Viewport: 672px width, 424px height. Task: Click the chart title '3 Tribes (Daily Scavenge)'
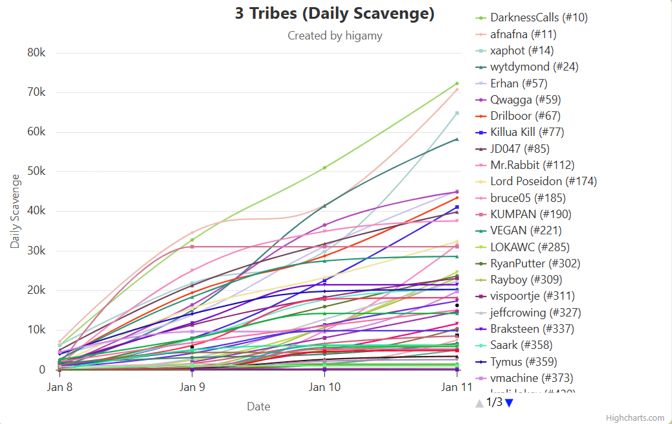point(335,14)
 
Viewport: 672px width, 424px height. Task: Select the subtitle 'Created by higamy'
point(335,36)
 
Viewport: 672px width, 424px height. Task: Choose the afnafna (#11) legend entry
point(523,34)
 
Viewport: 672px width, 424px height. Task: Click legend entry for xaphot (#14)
point(522,50)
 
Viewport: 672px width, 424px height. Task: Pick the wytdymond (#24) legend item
point(534,67)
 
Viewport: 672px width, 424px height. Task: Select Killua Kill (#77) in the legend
point(527,132)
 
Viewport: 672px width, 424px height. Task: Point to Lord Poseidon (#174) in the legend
point(543,181)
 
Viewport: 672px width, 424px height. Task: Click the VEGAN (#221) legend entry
point(526,230)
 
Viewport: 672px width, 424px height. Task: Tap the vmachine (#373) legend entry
point(532,378)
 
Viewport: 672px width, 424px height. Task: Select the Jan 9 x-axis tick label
point(192,387)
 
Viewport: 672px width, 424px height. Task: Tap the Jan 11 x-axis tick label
point(456,387)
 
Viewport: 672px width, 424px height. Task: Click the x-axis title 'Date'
point(258,407)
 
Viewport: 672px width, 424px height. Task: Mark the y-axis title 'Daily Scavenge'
point(15,212)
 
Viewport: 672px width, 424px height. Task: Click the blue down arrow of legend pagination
point(509,403)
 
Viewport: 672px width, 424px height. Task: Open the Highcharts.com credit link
point(634,418)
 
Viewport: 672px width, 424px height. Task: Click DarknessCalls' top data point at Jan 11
point(456,84)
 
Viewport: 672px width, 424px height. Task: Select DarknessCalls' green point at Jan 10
point(324,168)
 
